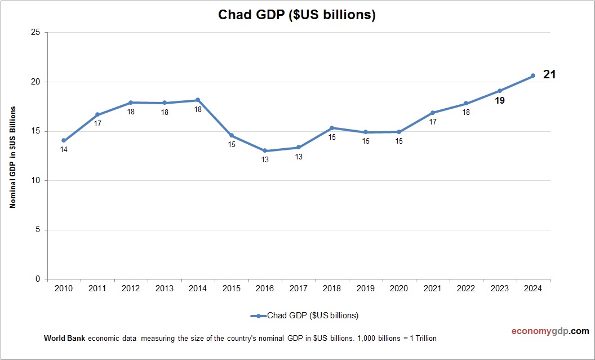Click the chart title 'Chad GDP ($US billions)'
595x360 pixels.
coord(297,15)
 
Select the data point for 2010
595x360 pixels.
coord(64,140)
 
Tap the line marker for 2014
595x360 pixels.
coord(198,100)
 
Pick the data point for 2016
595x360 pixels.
coord(265,151)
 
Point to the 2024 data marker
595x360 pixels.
coord(532,75)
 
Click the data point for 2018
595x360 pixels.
coord(332,128)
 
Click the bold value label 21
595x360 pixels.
coord(549,74)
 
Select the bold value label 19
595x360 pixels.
coord(499,101)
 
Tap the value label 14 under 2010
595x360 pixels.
coord(64,150)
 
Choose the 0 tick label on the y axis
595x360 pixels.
coord(37,279)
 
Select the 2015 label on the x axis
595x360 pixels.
coord(231,288)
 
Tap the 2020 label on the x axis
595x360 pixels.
coord(399,288)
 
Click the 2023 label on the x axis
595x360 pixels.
coord(499,288)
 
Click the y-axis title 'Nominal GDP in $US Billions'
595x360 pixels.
coord(12,157)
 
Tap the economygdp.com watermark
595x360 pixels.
coord(542,331)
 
